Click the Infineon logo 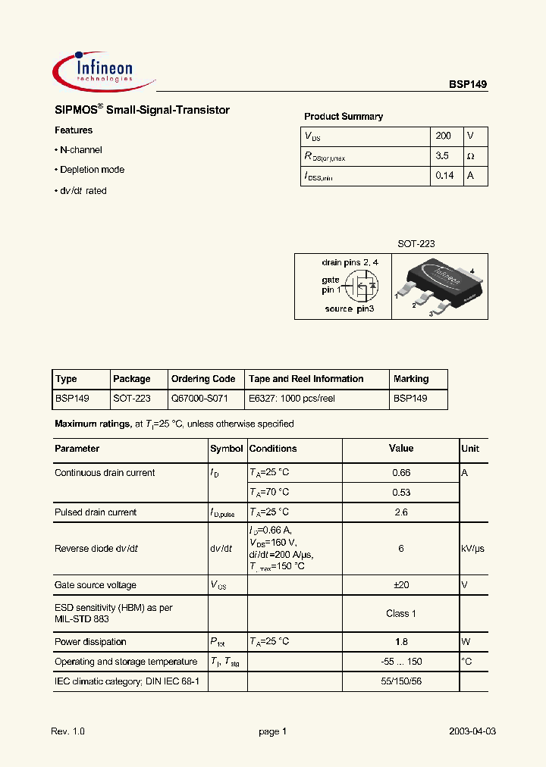pyautogui.click(x=102, y=70)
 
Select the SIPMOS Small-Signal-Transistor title pyautogui.click(x=142, y=111)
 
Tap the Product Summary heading pyautogui.click(x=344, y=117)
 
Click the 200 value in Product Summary pyautogui.click(x=444, y=136)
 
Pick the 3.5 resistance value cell pyautogui.click(x=444, y=156)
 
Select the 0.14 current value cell pyautogui.click(x=445, y=176)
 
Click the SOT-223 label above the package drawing pyautogui.click(x=416, y=244)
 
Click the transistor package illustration pyautogui.click(x=440, y=286)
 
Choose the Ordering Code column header pyautogui.click(x=203, y=379)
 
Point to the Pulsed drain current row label pyautogui.click(x=96, y=512)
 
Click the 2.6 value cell pyautogui.click(x=401, y=512)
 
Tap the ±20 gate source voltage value pyautogui.click(x=401, y=585)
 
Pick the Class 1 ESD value pyautogui.click(x=401, y=613)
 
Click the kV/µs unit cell pyautogui.click(x=472, y=549)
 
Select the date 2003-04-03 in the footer pyautogui.click(x=472, y=731)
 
